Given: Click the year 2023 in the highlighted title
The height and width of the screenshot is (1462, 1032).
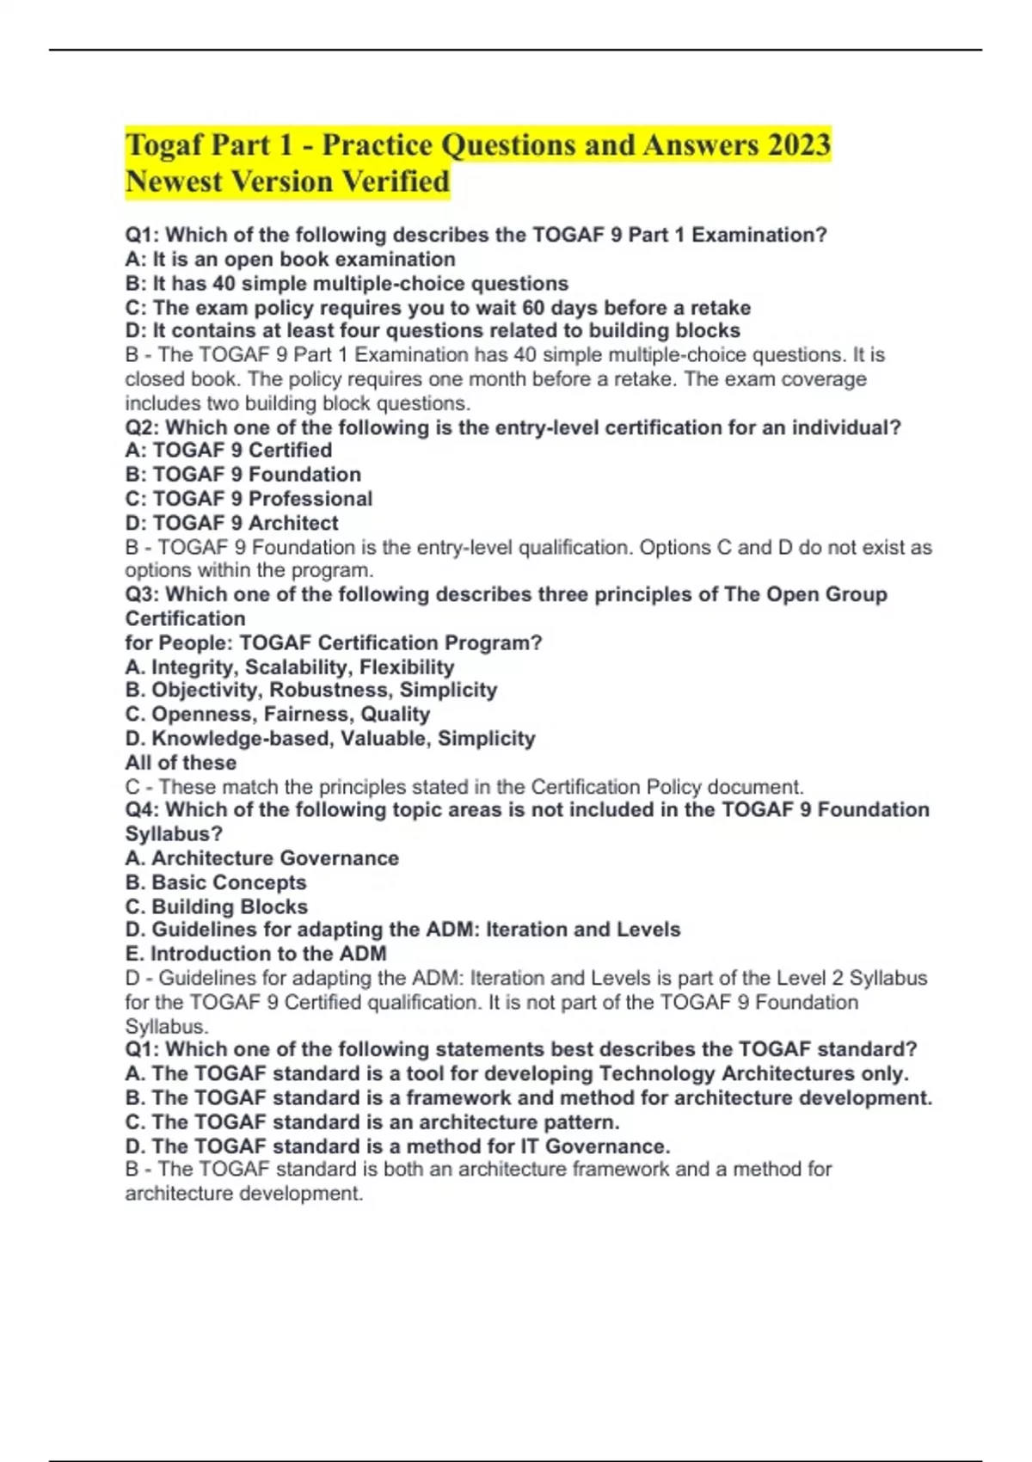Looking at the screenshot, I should [x=798, y=144].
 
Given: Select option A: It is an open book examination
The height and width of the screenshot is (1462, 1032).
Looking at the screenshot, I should [x=290, y=259].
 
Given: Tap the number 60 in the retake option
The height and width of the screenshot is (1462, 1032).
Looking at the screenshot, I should [x=535, y=307].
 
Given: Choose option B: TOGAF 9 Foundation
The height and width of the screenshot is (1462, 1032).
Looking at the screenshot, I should [x=243, y=474].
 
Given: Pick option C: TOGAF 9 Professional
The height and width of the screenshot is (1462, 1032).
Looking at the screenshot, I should [x=249, y=498].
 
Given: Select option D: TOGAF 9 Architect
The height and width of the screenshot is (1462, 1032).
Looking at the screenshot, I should [x=231, y=522].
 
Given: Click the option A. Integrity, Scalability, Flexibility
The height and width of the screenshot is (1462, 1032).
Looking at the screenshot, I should [x=289, y=666].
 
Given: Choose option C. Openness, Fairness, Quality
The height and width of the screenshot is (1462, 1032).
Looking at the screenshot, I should [x=277, y=714].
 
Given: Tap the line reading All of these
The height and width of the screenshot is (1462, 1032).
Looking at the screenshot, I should [x=181, y=762].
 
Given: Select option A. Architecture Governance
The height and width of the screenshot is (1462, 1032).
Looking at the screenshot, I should [x=261, y=857].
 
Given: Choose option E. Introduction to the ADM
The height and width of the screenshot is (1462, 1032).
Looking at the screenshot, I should [x=255, y=953].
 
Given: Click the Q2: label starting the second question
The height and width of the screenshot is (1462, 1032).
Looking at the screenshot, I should [x=142, y=427].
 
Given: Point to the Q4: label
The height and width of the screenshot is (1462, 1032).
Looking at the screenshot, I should [x=142, y=809].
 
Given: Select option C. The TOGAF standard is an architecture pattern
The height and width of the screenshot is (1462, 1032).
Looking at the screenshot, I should [x=372, y=1121].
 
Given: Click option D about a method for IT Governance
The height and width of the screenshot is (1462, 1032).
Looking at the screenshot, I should [x=397, y=1146].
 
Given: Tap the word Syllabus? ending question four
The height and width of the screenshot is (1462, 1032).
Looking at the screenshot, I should [x=174, y=833].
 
